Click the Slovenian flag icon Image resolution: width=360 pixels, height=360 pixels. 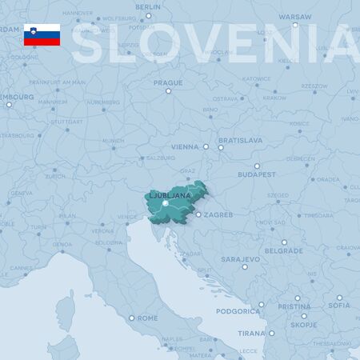[x=42, y=34]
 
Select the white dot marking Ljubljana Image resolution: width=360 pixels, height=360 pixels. [x=165, y=204]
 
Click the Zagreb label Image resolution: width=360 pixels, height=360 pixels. [x=218, y=214]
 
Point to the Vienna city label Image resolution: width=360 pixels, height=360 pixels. [x=183, y=147]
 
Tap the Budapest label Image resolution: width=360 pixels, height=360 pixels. [x=256, y=174]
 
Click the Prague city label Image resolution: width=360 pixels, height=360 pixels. [x=168, y=82]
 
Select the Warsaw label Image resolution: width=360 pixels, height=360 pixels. [x=294, y=16]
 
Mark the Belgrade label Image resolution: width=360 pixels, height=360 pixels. [x=283, y=250]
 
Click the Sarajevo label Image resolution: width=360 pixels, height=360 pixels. [x=240, y=260]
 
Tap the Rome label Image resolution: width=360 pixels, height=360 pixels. [x=148, y=318]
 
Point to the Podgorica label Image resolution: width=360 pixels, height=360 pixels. [x=239, y=310]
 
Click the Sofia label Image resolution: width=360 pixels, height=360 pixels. [x=338, y=305]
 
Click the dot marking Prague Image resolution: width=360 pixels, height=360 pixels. [x=168, y=90]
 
